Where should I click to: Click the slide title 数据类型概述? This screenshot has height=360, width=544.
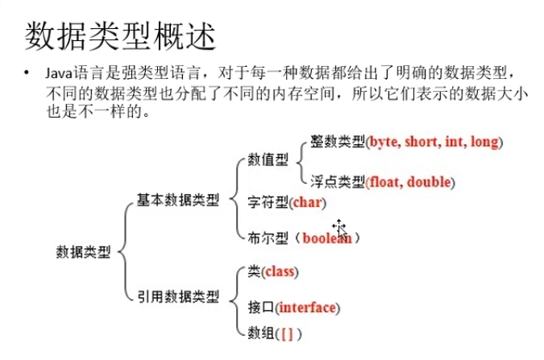pos(121,35)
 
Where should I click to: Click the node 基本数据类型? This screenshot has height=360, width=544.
pos(177,200)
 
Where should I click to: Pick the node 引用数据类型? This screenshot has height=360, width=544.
pos(177,297)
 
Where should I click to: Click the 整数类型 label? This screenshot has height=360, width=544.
pos(336,143)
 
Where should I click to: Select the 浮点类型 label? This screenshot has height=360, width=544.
pos(336,180)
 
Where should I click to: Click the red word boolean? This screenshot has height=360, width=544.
pos(327,238)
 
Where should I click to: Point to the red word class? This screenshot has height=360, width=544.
pos(280,272)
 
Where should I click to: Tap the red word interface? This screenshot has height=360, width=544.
pos(308,308)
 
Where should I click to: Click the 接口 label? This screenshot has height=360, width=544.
pos(260,308)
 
